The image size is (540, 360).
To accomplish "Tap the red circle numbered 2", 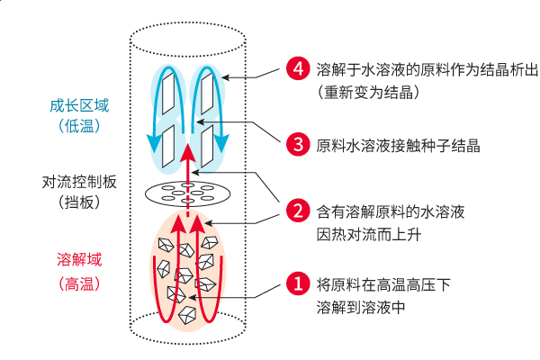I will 296,212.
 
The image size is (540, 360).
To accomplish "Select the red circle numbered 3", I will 296,143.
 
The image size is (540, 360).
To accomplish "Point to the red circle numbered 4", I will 296,67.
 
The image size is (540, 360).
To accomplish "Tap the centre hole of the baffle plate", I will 189,192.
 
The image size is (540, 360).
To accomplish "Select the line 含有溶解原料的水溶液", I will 391,212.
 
